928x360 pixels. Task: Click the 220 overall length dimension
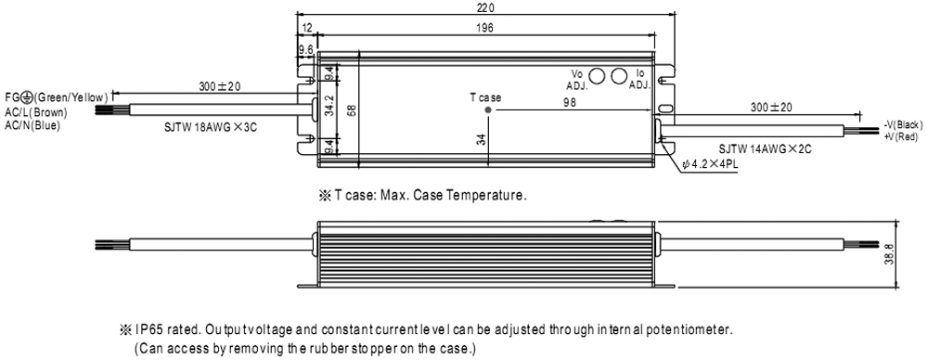(x=485, y=7)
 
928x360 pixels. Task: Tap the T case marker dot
(x=488, y=109)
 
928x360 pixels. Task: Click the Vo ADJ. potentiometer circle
(x=597, y=76)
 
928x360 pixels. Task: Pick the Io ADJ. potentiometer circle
(x=619, y=76)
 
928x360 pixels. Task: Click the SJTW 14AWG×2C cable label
(x=765, y=149)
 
